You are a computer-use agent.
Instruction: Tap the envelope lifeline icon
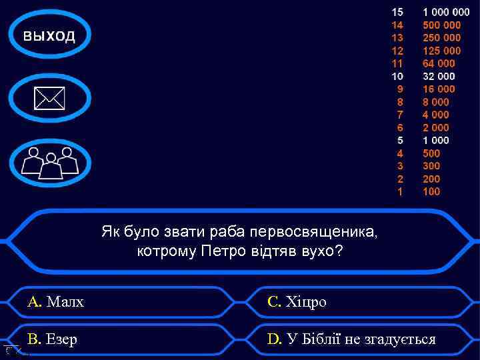[50, 99]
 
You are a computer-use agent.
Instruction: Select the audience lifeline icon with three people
[50, 162]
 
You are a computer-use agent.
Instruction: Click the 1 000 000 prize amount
[446, 12]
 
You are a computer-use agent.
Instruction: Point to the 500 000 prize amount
[442, 25]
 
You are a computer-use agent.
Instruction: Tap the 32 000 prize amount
[439, 76]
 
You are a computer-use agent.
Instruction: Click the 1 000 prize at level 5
[436, 140]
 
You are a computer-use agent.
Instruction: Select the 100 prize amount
[431, 191]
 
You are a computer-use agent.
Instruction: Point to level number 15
[397, 12]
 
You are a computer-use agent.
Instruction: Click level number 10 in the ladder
[397, 76]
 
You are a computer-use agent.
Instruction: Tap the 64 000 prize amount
[439, 63]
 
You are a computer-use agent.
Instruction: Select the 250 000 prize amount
[442, 38]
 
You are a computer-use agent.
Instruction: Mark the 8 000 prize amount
[436, 102]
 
